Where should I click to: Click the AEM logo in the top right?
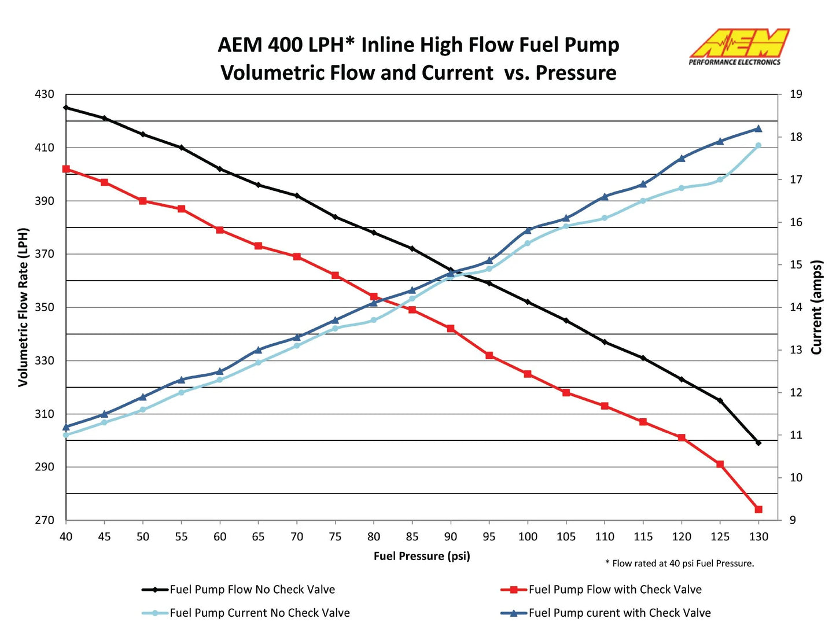pos(738,46)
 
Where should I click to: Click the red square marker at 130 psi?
pos(758,509)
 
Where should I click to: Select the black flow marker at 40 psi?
pos(66,108)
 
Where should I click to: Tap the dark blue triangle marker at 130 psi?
pos(758,129)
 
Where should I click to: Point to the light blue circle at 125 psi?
pos(720,180)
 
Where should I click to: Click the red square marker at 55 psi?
pos(181,209)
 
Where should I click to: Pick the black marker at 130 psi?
pos(758,443)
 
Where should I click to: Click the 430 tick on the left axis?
pos(44,94)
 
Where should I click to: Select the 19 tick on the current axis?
pos(796,94)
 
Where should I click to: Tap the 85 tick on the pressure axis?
pos(412,537)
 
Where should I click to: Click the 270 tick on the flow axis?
pos(44,520)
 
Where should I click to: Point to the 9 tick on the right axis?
pos(793,520)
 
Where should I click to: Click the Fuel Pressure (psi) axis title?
pos(422,556)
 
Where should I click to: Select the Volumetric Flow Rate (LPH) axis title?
pos(23,307)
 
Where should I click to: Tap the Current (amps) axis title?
pos(816,307)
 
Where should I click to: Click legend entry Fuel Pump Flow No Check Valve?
pos(252,590)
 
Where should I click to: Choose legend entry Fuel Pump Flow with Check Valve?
pos(614,590)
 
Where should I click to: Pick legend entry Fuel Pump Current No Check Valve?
pos(259,613)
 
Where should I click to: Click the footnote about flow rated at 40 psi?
pos(680,563)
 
